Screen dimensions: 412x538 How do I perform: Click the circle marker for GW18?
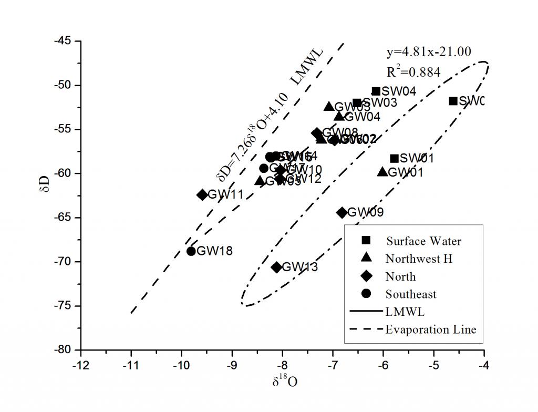point(191,251)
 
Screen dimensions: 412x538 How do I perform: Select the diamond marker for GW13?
point(277,267)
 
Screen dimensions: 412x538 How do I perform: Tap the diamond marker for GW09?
point(342,212)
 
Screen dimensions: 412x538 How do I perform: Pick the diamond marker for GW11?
point(202,194)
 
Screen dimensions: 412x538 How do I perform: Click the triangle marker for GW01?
point(382,172)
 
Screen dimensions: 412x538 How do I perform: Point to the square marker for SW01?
point(394,158)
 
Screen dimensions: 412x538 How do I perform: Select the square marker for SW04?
point(376,91)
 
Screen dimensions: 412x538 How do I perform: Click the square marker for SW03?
point(357,103)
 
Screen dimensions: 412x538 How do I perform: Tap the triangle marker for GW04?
point(339,117)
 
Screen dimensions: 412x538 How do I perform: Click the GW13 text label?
point(300,267)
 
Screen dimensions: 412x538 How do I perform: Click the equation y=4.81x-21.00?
point(429,52)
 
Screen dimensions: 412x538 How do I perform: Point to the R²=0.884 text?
point(413,71)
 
